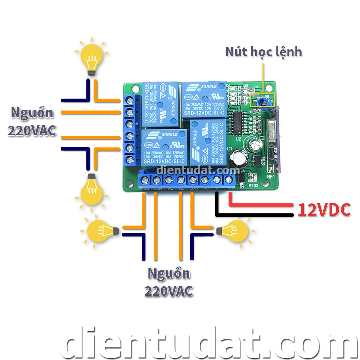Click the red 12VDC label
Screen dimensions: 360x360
(324, 210)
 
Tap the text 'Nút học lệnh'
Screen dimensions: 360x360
(264, 52)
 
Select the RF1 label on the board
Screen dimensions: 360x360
(271, 177)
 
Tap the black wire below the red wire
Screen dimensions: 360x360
(252, 215)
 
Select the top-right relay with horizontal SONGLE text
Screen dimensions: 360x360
(203, 99)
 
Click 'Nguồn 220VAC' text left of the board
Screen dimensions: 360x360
(32, 122)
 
